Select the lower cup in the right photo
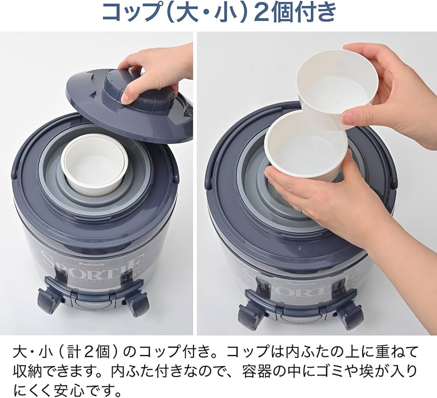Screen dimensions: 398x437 point(306,147)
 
